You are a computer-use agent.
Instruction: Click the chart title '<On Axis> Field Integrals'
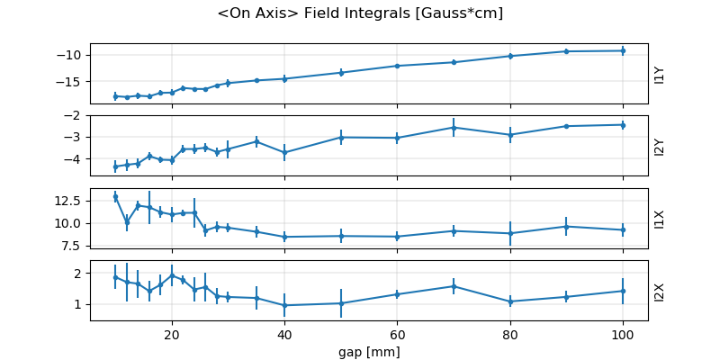pos(360,13)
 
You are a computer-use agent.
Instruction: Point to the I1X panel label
pos(660,219)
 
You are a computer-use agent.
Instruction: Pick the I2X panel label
pos(660,292)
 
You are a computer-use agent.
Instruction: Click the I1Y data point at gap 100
pos(622,50)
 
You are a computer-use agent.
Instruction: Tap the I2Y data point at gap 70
pos(454,128)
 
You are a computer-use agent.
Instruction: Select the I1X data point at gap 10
pos(115,196)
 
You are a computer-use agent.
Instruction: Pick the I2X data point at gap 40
pos(284,305)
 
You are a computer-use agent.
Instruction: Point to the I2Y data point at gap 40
pos(284,153)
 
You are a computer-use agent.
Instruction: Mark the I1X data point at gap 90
pos(566,226)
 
